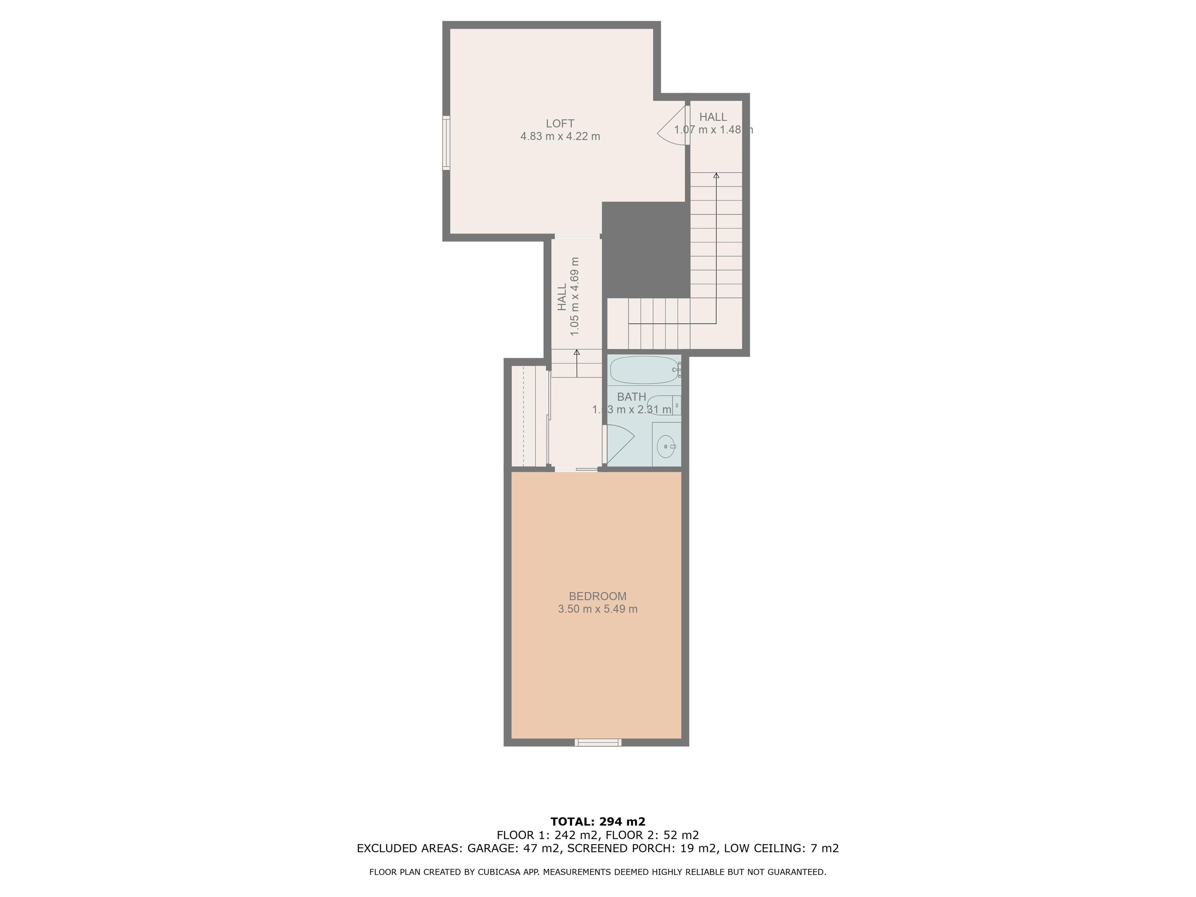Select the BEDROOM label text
[x=598, y=596]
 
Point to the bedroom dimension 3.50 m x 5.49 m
[x=598, y=609]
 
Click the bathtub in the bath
[x=644, y=370]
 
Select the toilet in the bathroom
[x=662, y=405]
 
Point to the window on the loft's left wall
[x=446, y=143]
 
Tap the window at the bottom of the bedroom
[x=598, y=742]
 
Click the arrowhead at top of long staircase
[x=716, y=175]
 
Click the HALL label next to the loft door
[x=712, y=117]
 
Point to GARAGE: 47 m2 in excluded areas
[x=513, y=848]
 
